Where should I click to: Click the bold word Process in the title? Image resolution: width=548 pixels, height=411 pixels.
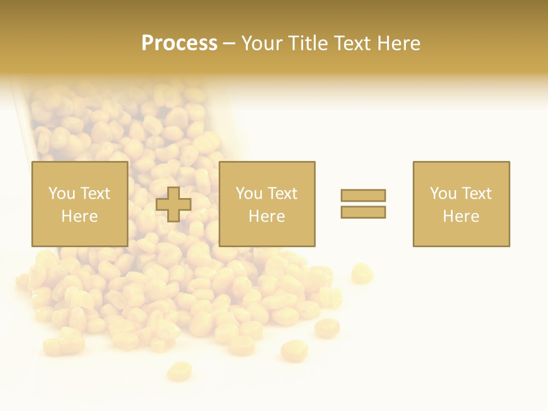coord(179,43)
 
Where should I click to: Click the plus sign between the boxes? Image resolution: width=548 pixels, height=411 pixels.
coord(174,204)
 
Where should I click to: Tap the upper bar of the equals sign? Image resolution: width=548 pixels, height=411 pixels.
coord(363,195)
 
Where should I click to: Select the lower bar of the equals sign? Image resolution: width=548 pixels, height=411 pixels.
coord(363,212)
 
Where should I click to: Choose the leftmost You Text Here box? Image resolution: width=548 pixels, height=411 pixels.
coord(80,204)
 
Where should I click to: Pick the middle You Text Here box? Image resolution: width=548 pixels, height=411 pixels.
coord(267,204)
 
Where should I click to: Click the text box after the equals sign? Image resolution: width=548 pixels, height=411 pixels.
coord(461,204)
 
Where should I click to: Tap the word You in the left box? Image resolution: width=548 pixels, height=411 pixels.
coord(61,194)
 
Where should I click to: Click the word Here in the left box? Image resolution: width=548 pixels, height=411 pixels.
coord(79,216)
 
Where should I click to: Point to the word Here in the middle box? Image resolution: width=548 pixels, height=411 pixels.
coord(267,216)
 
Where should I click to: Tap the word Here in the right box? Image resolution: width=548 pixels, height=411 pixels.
coord(461,216)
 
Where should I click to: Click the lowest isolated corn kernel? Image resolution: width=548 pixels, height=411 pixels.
coord(179,371)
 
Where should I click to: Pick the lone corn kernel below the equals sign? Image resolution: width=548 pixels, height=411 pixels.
coord(361,273)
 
